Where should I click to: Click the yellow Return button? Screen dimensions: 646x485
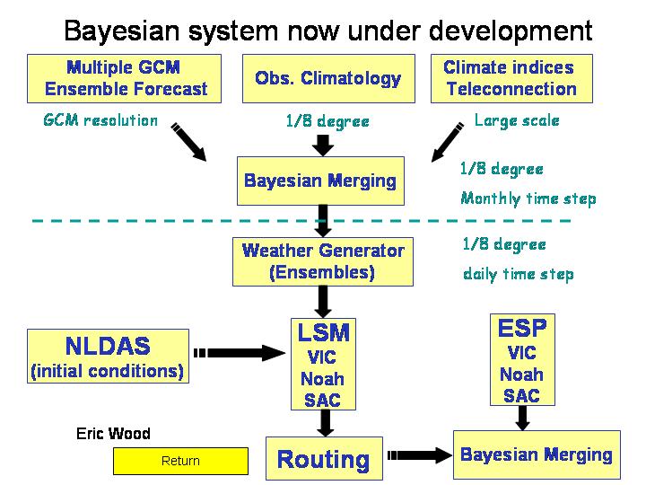[x=181, y=461]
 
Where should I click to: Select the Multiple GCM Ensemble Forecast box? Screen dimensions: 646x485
[x=124, y=78]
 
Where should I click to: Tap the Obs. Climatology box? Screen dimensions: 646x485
[x=328, y=78]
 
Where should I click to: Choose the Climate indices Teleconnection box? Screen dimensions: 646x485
[x=511, y=78]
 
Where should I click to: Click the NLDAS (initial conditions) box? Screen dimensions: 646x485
[x=108, y=356]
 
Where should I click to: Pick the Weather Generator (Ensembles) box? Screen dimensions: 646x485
[x=323, y=261]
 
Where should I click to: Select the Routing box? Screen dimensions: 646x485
[x=324, y=458]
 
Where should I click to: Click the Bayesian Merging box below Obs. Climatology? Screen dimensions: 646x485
[x=320, y=181]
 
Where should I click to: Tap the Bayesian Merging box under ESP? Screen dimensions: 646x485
[x=537, y=454]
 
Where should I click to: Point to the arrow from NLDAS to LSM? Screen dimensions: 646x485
[x=240, y=353]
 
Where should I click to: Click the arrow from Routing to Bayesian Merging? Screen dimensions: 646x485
[x=419, y=455]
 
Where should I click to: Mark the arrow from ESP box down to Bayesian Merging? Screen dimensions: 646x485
[x=522, y=418]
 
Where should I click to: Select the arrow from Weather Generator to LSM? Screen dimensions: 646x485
[x=323, y=302]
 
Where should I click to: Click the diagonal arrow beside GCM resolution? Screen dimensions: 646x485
[x=188, y=142]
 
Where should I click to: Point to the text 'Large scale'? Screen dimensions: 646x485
[x=517, y=120]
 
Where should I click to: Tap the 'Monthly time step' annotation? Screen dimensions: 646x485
[x=528, y=198]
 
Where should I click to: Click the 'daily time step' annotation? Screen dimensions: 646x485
[x=519, y=274]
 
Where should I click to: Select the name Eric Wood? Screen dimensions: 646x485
[x=113, y=434]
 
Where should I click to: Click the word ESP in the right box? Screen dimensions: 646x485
[x=522, y=329]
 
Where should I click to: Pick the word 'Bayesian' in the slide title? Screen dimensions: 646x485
[x=122, y=31]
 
